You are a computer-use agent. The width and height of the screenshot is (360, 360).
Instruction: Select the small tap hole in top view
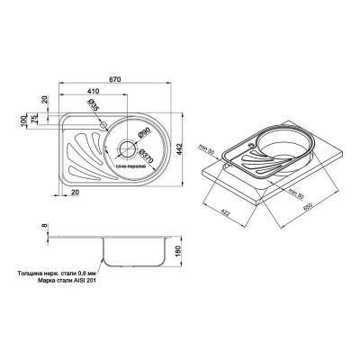105,122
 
